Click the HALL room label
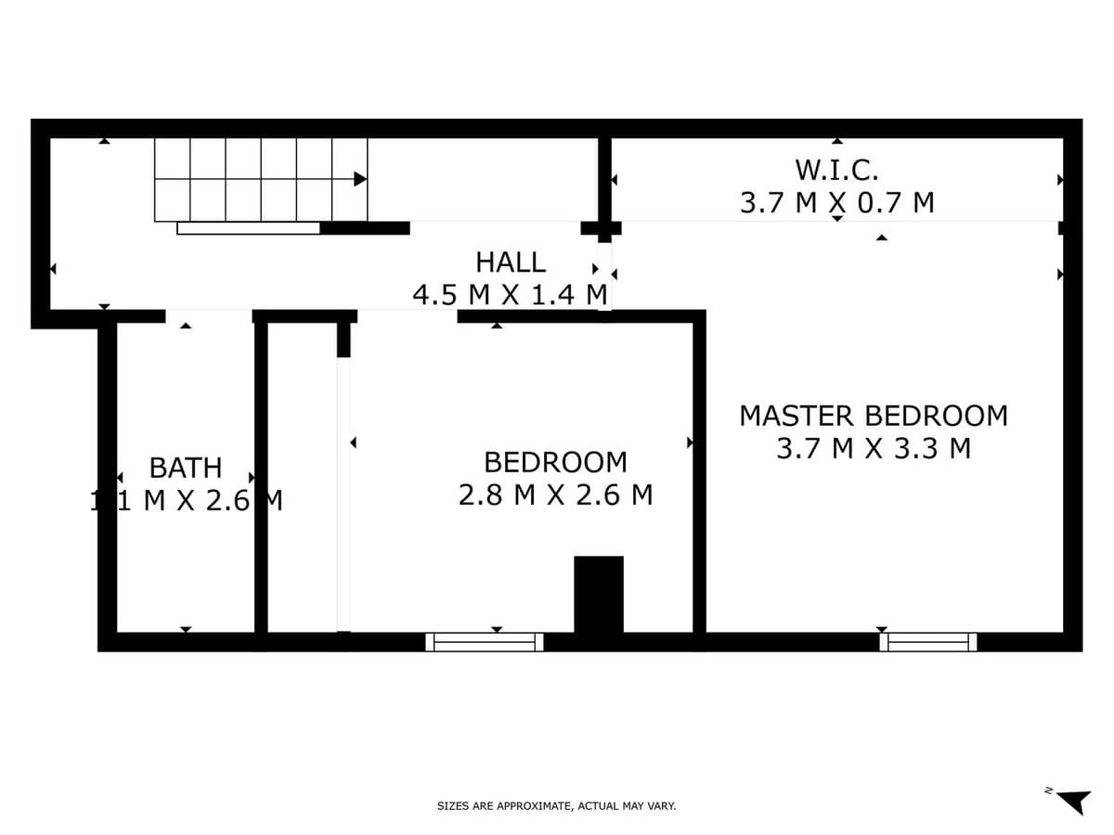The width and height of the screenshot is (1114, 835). point(511,262)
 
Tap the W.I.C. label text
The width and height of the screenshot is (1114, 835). point(836,170)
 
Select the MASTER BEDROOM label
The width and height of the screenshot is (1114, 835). point(873,416)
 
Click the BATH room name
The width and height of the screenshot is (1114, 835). point(186,467)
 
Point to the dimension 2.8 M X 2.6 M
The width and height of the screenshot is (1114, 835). point(555,495)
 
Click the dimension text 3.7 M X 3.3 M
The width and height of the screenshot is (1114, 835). point(873,449)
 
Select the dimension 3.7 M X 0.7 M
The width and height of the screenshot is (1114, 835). point(836,202)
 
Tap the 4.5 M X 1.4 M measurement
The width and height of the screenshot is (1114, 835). point(510,295)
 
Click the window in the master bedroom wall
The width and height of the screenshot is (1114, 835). point(927,642)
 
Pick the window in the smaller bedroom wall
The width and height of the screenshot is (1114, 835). point(485,642)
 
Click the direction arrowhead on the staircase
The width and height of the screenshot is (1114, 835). point(360,179)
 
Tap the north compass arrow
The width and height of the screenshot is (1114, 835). point(1075,801)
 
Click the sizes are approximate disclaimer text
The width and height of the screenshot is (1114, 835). point(556,806)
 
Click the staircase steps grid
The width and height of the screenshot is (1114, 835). point(260,179)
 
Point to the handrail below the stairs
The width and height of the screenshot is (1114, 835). point(248,228)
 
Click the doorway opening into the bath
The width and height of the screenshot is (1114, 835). point(209,316)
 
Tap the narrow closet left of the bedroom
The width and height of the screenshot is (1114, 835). point(303,478)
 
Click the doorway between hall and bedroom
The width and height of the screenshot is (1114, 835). point(408,316)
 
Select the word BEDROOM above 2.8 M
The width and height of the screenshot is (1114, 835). point(555,462)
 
